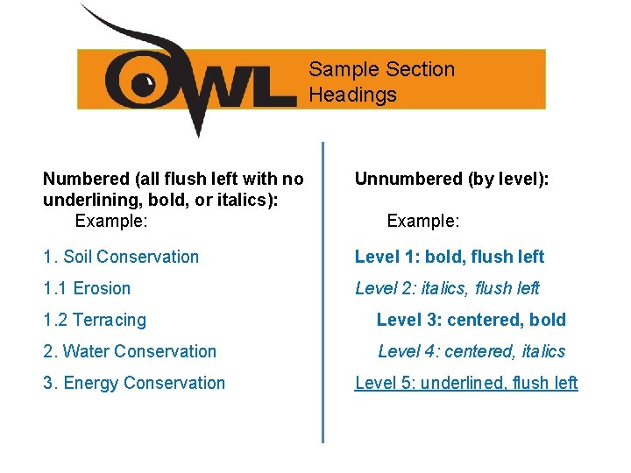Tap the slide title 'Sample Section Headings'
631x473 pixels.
(381, 81)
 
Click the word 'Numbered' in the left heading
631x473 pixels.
(86, 180)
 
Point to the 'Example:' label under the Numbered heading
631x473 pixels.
(111, 222)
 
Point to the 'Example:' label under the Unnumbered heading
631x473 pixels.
(423, 222)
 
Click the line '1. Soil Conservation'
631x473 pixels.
(121, 257)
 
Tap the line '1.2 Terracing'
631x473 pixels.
(95, 320)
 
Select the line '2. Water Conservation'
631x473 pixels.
(130, 351)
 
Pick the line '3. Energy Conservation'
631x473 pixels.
(134, 383)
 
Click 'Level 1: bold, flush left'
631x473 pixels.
(449, 257)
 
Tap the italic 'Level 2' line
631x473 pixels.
(447, 288)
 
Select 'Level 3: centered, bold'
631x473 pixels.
(471, 320)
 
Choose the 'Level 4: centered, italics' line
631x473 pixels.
(471, 351)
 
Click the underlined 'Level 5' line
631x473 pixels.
(466, 383)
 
